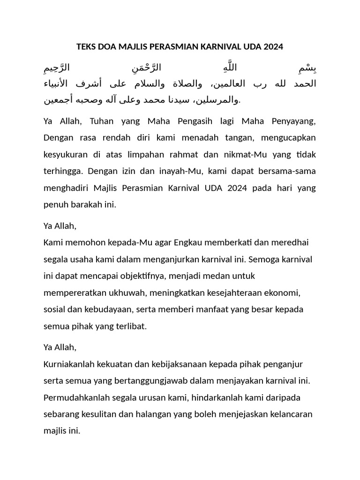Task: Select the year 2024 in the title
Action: tap(273, 47)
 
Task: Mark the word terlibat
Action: tap(131, 326)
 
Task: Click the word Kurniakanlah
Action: tap(69, 364)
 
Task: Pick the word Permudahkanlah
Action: tap(75, 397)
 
